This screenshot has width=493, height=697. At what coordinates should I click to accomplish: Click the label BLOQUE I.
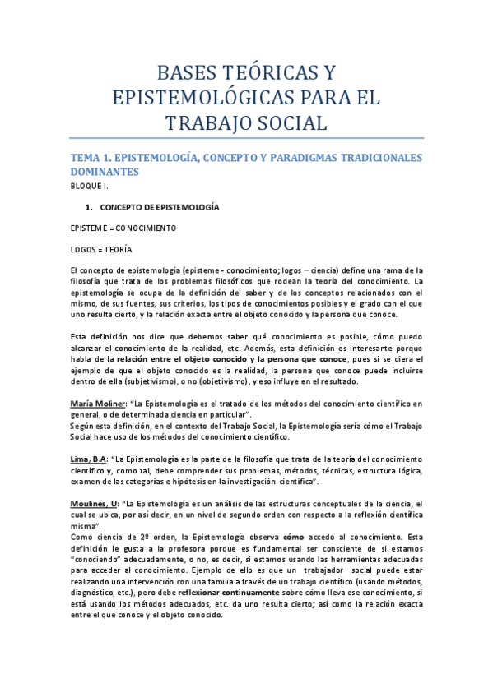[x=89, y=187]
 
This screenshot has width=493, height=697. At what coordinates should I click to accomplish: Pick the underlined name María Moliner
[x=99, y=404]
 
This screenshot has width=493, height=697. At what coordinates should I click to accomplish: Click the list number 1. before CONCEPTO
[x=92, y=207]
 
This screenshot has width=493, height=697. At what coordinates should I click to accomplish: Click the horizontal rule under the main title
[x=246, y=138]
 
